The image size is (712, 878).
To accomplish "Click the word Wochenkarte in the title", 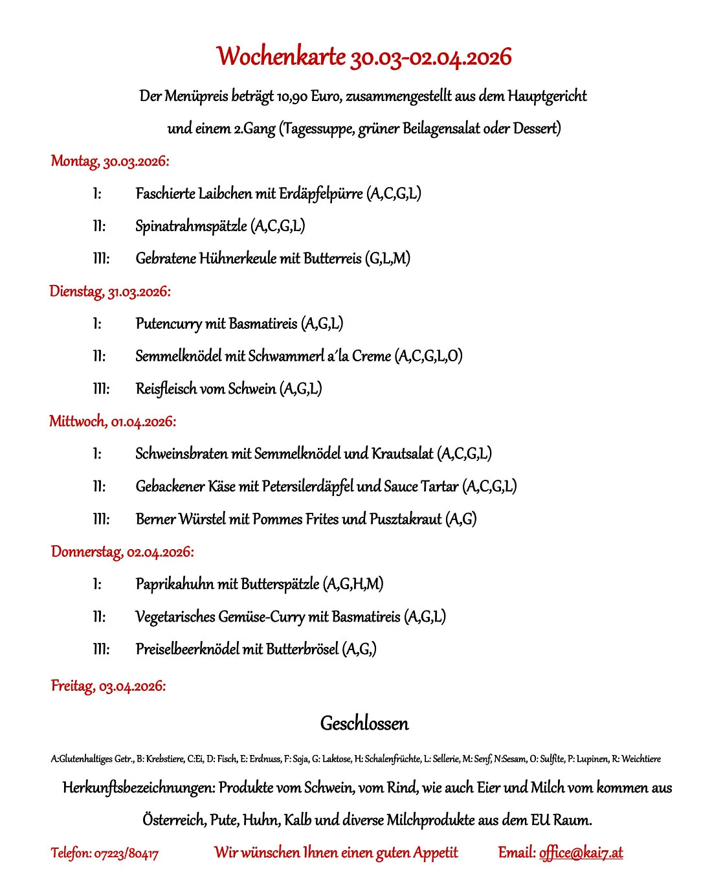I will click(x=282, y=57).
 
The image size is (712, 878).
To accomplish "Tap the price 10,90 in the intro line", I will click(x=292, y=96).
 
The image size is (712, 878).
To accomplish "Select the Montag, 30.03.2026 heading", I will click(x=110, y=161).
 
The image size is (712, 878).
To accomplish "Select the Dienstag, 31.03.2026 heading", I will click(x=110, y=291).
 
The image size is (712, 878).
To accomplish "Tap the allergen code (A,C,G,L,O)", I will click(x=428, y=356).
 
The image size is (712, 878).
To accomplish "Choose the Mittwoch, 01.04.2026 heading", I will click(x=113, y=422).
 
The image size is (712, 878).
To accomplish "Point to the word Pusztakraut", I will click(x=405, y=519).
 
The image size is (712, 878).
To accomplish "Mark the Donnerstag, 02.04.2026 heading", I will click(x=122, y=552).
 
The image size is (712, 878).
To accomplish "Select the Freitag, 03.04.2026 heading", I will click(x=108, y=686).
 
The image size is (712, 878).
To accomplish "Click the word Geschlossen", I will click(x=364, y=723).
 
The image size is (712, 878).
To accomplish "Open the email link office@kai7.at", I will click(x=581, y=853).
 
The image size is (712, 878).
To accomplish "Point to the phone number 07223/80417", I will click(x=126, y=853).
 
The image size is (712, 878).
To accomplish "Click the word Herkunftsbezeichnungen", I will click(x=138, y=788).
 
